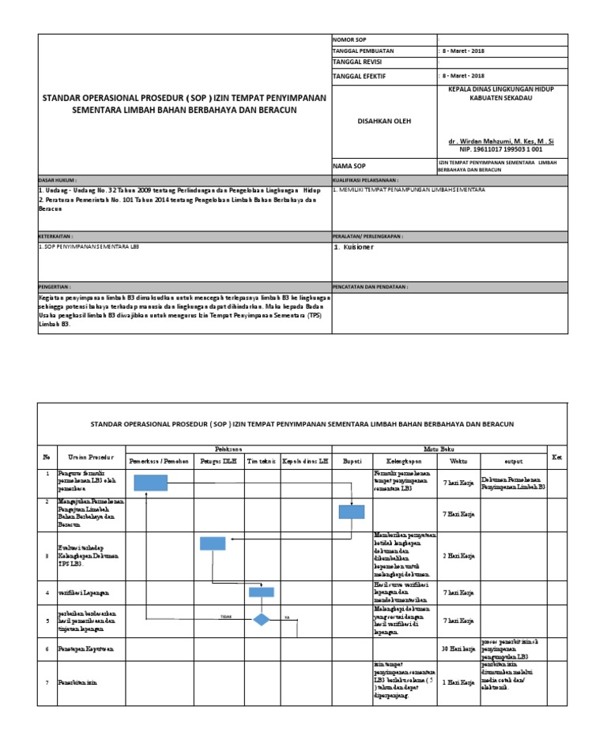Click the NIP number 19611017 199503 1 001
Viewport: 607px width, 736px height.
coord(501,148)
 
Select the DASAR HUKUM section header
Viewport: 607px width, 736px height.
coord(58,180)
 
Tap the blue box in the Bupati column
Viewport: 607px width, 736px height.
coord(352,511)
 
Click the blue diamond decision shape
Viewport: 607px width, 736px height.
coord(262,620)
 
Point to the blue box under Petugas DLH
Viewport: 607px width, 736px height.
coord(213,543)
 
